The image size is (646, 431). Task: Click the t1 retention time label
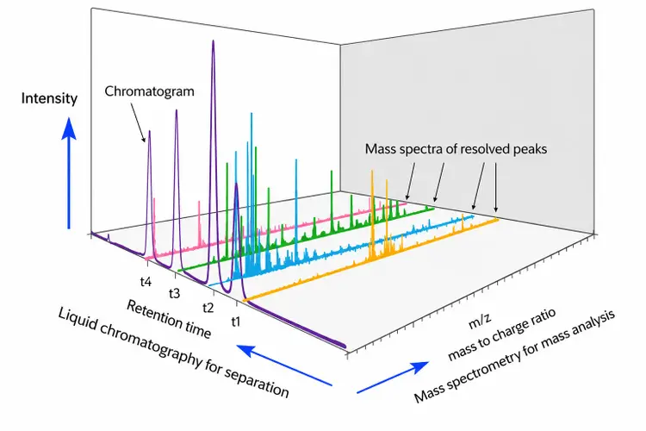[x=236, y=322]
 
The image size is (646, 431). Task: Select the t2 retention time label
[x=208, y=307]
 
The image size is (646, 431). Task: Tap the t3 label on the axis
[x=174, y=293]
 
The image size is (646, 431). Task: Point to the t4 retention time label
[x=146, y=282]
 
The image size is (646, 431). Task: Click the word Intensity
[x=49, y=98]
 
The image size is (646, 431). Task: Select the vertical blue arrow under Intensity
[x=69, y=172]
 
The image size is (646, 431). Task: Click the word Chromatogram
[x=149, y=91]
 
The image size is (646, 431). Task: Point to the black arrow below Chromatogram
[x=138, y=122]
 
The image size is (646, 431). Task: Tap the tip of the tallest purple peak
[x=213, y=41]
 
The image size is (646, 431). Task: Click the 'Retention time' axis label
[x=169, y=319]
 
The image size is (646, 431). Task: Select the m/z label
[x=480, y=321]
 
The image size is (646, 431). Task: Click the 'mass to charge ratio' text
[x=502, y=334]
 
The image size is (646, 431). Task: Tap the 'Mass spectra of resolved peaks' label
[x=456, y=149]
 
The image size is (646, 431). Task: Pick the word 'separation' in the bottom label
[x=257, y=383]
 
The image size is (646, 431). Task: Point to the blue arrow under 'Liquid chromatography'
[x=284, y=365]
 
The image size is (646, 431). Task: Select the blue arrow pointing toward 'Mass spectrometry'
[x=393, y=378]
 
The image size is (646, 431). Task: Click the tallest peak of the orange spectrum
[x=372, y=171]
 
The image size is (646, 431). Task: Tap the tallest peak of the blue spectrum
[x=252, y=113]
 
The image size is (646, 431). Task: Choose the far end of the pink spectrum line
[x=407, y=203]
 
